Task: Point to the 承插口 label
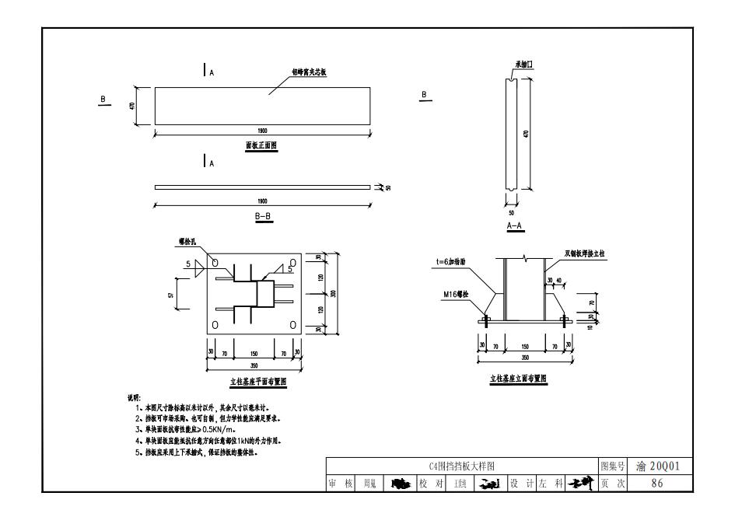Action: point(523,65)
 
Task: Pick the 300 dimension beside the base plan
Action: point(333,293)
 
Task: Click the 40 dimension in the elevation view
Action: point(559,281)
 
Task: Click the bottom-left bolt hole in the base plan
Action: point(216,324)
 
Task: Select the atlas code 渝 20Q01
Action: point(657,466)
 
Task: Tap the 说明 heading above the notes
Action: point(133,397)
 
